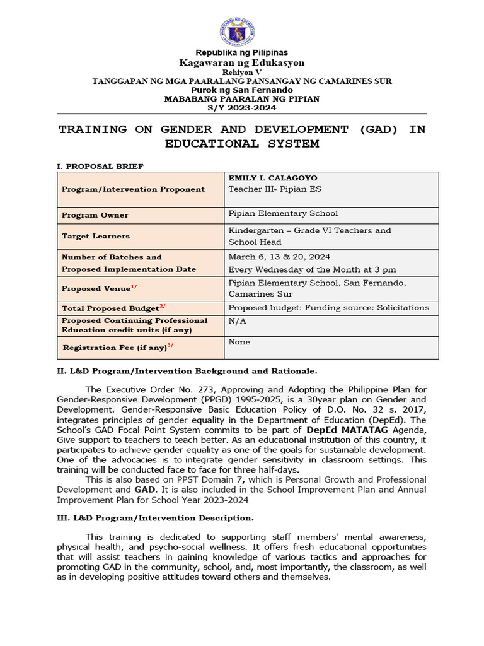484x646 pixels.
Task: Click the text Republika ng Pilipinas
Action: click(241, 52)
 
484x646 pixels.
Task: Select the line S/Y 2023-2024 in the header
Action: click(241, 107)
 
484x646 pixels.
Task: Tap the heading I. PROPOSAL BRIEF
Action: click(100, 167)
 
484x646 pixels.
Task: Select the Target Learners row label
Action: click(96, 236)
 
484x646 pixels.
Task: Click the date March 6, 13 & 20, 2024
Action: click(279, 257)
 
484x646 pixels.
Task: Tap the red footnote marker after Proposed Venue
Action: click(134, 287)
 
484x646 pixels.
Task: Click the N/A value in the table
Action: click(236, 320)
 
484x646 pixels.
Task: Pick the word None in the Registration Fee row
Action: click(239, 342)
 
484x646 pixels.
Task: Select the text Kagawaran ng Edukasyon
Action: click(241, 62)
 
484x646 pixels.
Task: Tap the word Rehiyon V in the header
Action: click(241, 73)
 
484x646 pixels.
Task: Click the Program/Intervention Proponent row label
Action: click(133, 189)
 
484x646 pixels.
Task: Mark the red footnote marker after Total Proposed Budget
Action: click(162, 307)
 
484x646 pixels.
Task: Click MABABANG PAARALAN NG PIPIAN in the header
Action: click(241, 98)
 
